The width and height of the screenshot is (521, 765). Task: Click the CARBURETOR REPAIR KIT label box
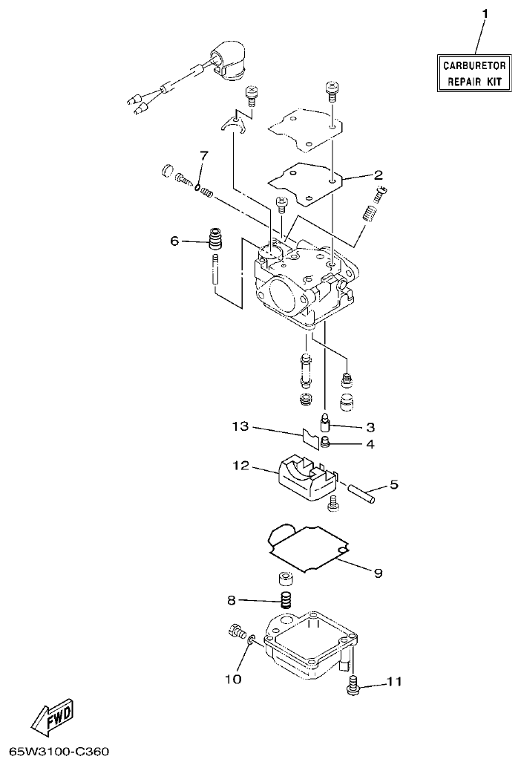473,74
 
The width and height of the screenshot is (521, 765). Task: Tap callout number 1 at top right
485,14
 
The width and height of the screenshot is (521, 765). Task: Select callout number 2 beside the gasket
378,175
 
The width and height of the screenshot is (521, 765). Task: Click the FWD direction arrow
52,717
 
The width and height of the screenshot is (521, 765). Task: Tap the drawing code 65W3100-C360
55,752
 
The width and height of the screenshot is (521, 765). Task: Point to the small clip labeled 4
326,445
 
